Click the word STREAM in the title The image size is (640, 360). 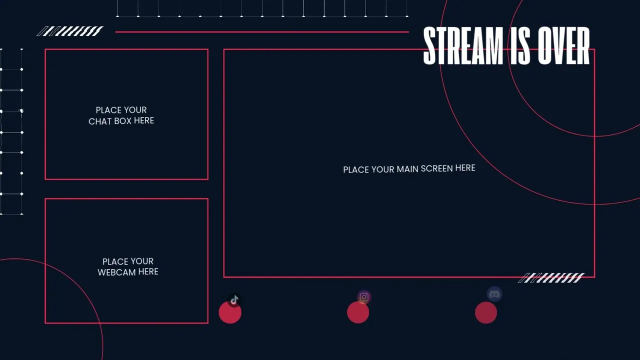[x=463, y=45]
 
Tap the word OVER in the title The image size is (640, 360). [x=563, y=45]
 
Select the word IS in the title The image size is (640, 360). [x=520, y=45]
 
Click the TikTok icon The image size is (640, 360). [x=234, y=300]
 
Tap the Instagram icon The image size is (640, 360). [x=364, y=297]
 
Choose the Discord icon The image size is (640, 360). [x=494, y=294]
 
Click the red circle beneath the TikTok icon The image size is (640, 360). [x=230, y=312]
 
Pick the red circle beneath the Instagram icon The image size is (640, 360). [x=358, y=312]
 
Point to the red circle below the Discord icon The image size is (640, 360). [x=486, y=312]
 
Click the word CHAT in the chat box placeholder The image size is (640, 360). [x=100, y=121]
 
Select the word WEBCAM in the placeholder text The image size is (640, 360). [x=116, y=272]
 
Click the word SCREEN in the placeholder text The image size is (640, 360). [x=437, y=168]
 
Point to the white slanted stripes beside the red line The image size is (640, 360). [x=70, y=31]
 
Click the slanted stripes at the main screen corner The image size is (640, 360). [x=551, y=277]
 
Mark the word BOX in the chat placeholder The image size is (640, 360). [x=123, y=121]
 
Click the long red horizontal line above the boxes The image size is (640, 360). [x=262, y=32]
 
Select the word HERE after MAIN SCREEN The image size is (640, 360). [x=465, y=168]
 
